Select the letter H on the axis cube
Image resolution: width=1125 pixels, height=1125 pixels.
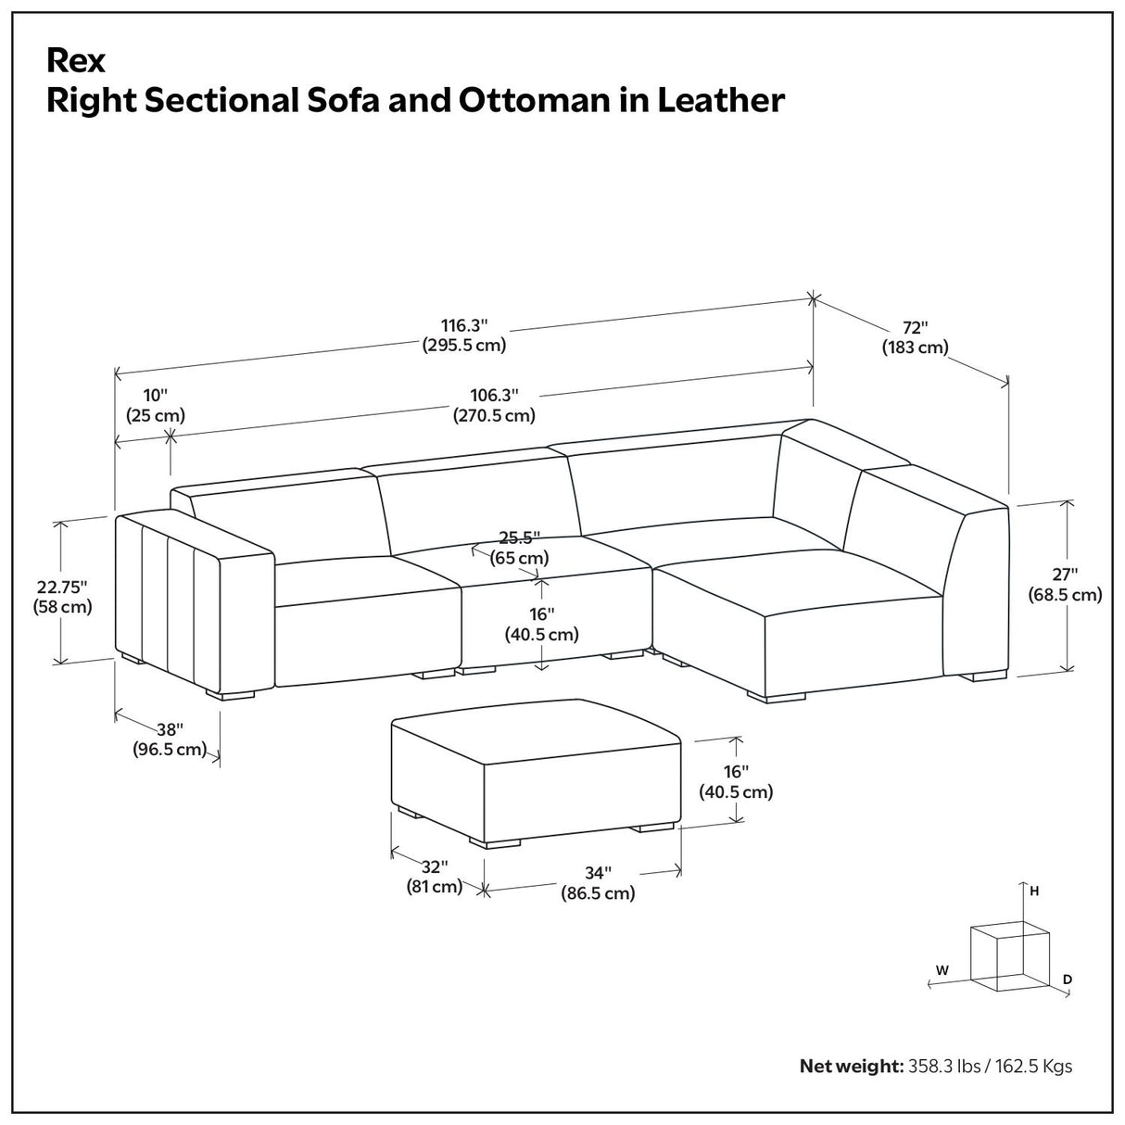point(1034,891)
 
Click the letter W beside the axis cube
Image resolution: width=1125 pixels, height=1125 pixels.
point(942,970)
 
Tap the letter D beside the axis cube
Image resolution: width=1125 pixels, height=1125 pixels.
point(1068,979)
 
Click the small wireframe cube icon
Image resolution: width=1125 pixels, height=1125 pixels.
point(1008,957)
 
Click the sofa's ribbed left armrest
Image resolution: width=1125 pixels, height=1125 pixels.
point(167,602)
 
